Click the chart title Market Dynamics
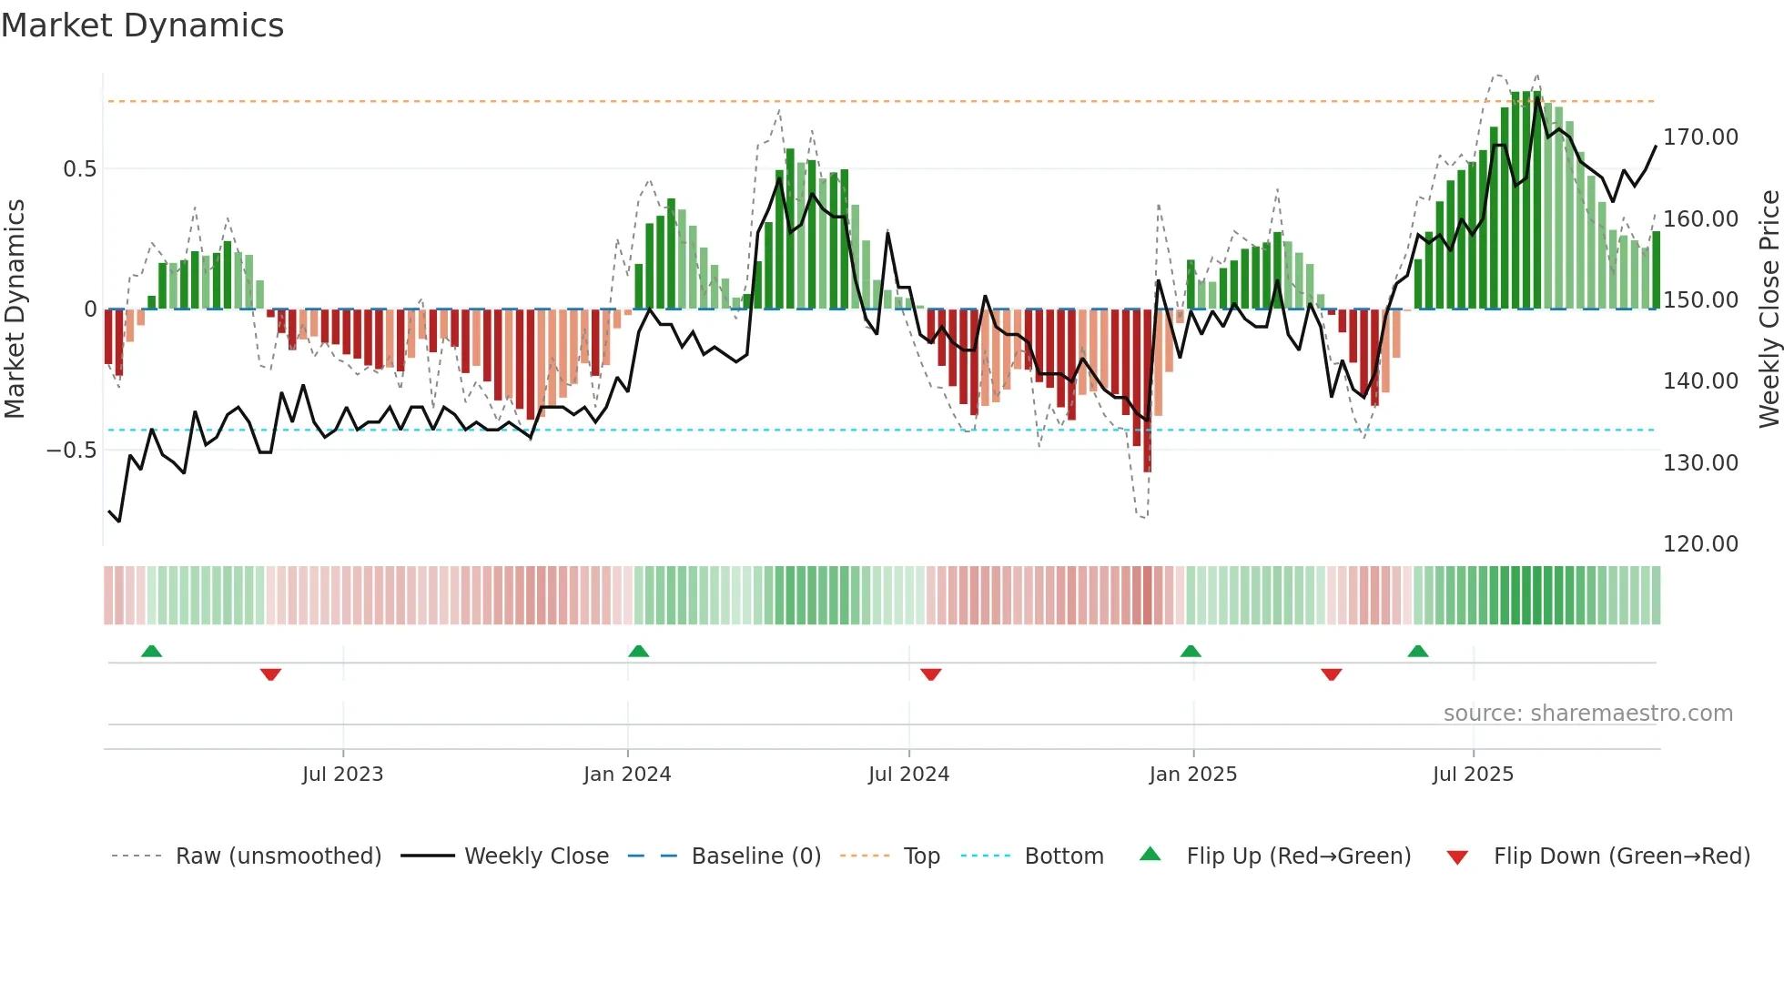point(142,25)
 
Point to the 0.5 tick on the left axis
point(79,169)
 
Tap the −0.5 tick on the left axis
point(72,451)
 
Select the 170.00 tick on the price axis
point(1700,137)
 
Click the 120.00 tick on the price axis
point(1700,544)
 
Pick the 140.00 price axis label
point(1700,381)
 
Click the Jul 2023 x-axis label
point(342,775)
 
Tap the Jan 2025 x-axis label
point(1192,775)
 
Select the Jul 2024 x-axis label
point(908,775)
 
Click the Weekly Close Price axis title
point(1769,309)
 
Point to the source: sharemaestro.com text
point(1587,714)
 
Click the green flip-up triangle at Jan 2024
point(639,652)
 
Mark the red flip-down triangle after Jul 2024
point(930,674)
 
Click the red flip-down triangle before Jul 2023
point(270,674)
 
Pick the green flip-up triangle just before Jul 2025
point(1417,652)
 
